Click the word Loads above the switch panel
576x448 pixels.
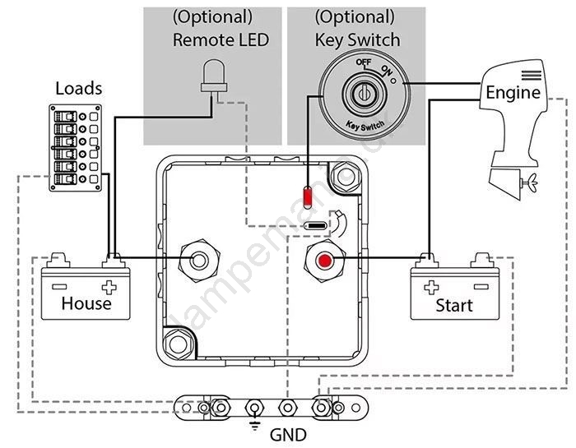tap(79, 88)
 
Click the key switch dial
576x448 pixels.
tap(359, 95)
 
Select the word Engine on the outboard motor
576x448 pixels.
tap(513, 92)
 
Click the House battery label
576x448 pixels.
tap(86, 303)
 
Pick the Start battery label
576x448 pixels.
tap(454, 305)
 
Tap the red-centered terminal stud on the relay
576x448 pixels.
tap(326, 261)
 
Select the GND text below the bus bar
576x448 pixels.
tap(287, 434)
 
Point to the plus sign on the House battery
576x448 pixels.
tap(109, 288)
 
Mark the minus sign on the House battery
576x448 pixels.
tap(60, 287)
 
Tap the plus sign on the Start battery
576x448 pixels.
tap(430, 289)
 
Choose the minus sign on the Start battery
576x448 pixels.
tap(480, 289)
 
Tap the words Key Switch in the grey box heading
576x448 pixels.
tap(357, 39)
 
